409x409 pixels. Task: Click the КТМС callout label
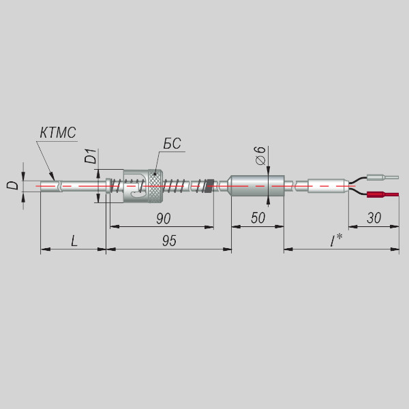click(58, 133)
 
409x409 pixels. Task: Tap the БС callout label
click(172, 143)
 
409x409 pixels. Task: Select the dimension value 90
click(164, 219)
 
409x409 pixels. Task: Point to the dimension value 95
click(169, 241)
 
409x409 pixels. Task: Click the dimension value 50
click(258, 218)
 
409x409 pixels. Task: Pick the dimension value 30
click(374, 218)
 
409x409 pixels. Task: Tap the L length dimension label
click(74, 241)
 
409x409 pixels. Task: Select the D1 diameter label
click(91, 156)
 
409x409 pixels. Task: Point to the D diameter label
click(12, 185)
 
